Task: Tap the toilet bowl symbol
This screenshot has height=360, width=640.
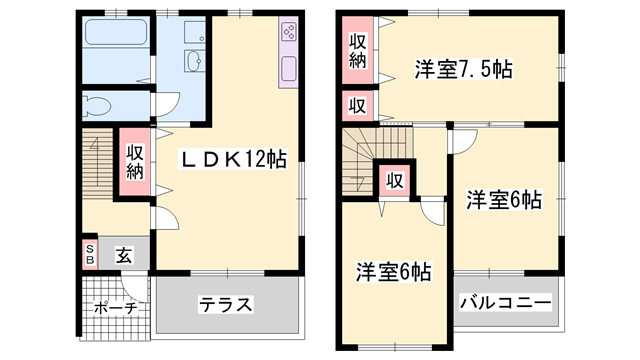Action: (101, 104)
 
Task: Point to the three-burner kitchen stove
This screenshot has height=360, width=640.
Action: (288, 32)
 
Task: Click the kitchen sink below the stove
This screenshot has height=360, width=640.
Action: (288, 69)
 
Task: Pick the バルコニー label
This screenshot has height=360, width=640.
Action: (505, 302)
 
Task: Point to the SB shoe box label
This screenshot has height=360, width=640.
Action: (89, 254)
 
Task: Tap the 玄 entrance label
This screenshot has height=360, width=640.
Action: (122, 255)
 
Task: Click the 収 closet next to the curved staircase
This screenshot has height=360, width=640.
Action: (395, 181)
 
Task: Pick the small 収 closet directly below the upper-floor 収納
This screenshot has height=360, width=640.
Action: (357, 105)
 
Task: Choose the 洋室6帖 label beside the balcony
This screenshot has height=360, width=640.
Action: (503, 200)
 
